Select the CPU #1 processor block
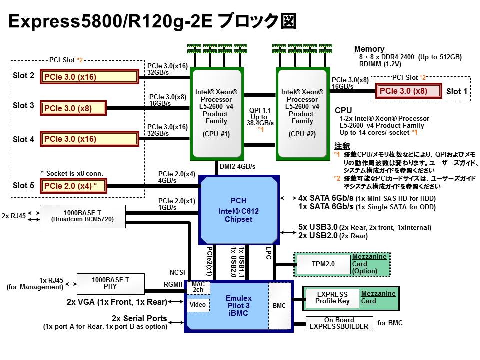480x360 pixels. click(216, 113)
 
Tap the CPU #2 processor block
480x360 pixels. click(302, 113)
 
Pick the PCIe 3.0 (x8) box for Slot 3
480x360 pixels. click(73, 108)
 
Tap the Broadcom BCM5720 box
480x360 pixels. click(82, 216)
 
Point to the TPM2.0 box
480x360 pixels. click(323, 264)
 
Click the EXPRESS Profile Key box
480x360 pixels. click(332, 298)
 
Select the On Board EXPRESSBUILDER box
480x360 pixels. click(339, 324)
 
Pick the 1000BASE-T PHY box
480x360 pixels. click(110, 283)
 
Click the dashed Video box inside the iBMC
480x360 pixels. click(198, 304)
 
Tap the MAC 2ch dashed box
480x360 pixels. click(198, 287)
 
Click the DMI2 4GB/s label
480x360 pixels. click(237, 166)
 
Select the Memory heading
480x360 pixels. click(369, 49)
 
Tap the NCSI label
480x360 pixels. click(178, 272)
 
